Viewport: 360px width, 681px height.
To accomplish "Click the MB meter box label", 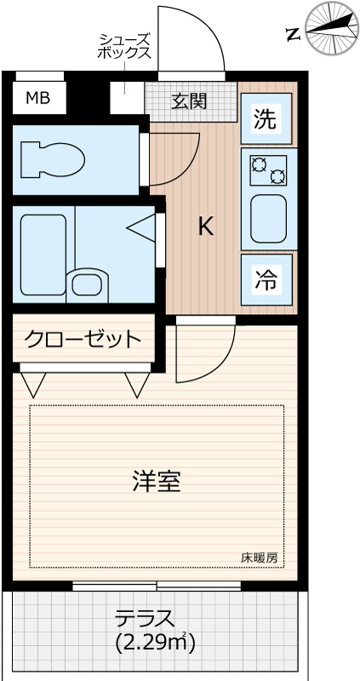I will [x=37, y=98].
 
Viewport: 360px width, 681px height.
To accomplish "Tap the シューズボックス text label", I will [x=125, y=46].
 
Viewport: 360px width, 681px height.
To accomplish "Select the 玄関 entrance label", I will [x=189, y=102].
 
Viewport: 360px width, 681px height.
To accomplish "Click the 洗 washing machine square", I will [x=266, y=120].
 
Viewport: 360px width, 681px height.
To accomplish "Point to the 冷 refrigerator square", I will [x=266, y=280].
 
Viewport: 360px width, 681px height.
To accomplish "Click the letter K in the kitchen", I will [x=205, y=226].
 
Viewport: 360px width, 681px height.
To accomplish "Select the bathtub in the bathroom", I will [x=43, y=254].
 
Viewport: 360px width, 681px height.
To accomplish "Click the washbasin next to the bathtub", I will [x=88, y=283].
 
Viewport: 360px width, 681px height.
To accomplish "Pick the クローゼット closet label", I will [x=83, y=340].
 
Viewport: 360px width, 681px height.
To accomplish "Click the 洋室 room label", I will [x=156, y=482].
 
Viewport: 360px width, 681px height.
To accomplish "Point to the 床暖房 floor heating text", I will [x=259, y=558].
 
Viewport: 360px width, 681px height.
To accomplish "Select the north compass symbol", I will [x=330, y=28].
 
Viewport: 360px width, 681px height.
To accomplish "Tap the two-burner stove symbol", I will [x=267, y=170].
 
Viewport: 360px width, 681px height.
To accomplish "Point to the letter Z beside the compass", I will [x=292, y=35].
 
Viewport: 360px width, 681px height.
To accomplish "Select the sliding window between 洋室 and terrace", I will [x=156, y=586].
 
